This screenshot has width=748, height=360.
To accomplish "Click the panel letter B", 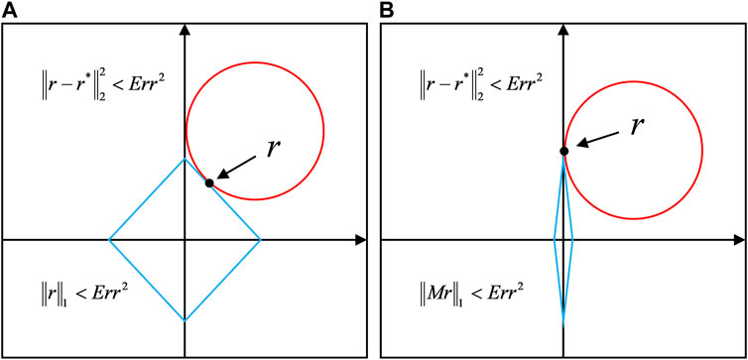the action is click(x=387, y=8).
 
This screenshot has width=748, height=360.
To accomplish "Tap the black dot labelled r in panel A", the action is click(x=209, y=182).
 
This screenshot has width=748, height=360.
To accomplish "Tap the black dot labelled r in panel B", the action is click(x=563, y=151).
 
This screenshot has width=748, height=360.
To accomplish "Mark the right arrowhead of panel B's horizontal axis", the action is click(x=738, y=239).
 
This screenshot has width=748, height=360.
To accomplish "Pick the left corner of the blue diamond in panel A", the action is click(x=109, y=239).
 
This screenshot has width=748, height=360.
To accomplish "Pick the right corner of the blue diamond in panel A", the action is click(x=260, y=239).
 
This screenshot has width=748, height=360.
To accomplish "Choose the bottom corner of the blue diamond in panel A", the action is click(x=185, y=320).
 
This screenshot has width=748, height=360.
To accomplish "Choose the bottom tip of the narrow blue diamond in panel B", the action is click(x=563, y=323).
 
